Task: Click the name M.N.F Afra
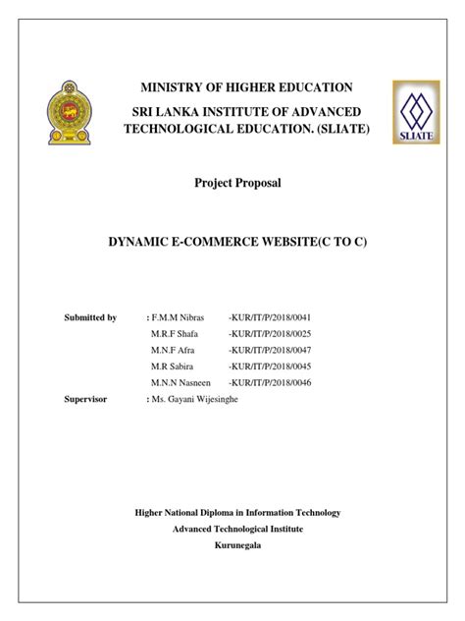[174, 351]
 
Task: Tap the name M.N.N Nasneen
[182, 383]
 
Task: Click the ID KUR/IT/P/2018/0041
[270, 318]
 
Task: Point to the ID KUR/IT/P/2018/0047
[270, 351]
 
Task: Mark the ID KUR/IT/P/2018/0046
[270, 383]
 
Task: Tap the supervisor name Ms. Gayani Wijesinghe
[199, 400]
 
